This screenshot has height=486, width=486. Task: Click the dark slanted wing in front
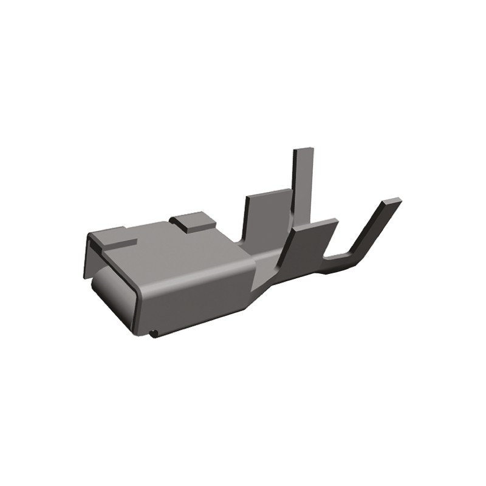pos(304,249)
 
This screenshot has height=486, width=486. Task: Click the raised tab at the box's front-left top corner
pos(112,237)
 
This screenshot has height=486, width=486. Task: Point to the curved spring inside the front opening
pos(112,292)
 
